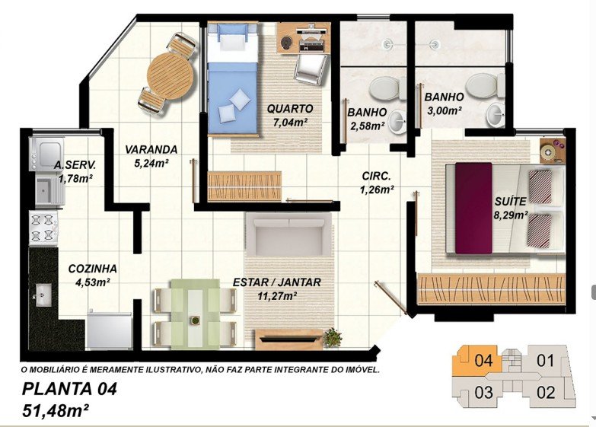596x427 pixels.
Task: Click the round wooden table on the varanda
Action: pos(170,76)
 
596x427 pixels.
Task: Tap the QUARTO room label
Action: pos(290,109)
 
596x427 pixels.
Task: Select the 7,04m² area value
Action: pos(290,122)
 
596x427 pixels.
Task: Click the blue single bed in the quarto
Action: pos(233,79)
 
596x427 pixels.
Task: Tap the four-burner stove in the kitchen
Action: pos(43,227)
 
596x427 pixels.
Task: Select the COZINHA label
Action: pos(92,269)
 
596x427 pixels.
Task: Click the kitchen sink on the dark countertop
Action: pos(43,295)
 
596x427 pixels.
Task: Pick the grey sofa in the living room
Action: pos(288,234)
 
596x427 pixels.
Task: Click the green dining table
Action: pos(195,314)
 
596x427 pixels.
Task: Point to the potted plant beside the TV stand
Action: pos(333,337)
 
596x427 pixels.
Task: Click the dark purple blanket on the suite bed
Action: pos(473,208)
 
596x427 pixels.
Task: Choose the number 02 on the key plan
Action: pos(546,393)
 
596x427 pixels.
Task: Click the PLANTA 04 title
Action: pos(69,389)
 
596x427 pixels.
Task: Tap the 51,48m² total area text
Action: pos(56,410)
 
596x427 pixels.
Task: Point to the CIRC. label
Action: pos(376,177)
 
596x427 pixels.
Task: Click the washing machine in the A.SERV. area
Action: pos(46,154)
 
